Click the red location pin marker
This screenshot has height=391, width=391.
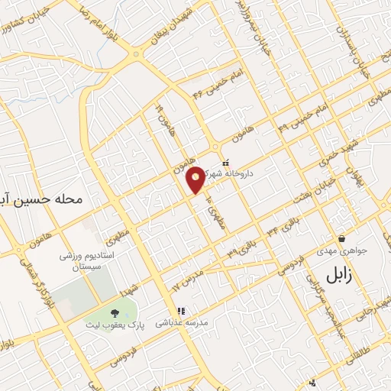pyautogui.click(x=196, y=179)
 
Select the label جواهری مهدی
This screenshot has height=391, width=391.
pyautogui.click(x=341, y=250)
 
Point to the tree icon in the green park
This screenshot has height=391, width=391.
pyautogui.click(x=115, y=312)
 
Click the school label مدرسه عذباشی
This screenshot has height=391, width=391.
pyautogui.click(x=182, y=323)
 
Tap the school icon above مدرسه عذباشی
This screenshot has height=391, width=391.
pyautogui.click(x=182, y=311)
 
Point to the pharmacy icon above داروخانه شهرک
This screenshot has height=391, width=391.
pyautogui.click(x=225, y=163)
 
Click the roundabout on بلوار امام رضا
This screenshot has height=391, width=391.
pyautogui.click(x=137, y=53)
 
